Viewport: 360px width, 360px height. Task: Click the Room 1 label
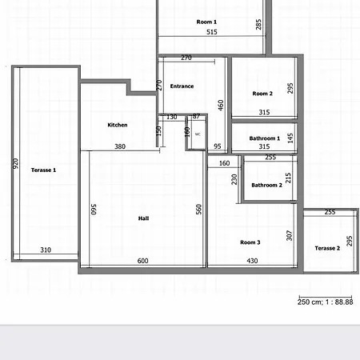coord(206,22)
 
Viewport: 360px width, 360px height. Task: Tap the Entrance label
coord(182,86)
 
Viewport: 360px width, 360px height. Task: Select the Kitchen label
coord(118,125)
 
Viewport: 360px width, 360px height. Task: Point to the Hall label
coord(143,218)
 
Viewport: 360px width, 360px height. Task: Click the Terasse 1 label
coord(44,170)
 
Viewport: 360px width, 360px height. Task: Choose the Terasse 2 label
coord(327,248)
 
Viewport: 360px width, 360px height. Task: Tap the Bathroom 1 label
coord(264,138)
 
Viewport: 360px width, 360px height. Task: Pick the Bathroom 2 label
coord(266,185)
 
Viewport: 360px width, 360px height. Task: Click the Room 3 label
coord(250,242)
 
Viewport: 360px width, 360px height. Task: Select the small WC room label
coord(198,134)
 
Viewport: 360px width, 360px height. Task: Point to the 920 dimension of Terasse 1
coord(14,163)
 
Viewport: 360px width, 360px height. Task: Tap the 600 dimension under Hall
coord(143,262)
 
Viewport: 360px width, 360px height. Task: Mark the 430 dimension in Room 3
coord(252,262)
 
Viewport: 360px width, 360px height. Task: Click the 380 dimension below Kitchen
coord(119,146)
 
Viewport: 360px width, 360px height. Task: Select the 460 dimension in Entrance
coord(221,104)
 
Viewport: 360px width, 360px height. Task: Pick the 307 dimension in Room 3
coord(290,237)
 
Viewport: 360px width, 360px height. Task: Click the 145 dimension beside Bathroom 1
coord(290,138)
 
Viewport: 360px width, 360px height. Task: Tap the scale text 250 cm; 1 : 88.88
coord(326,302)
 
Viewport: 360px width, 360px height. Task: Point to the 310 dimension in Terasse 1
coord(46,250)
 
